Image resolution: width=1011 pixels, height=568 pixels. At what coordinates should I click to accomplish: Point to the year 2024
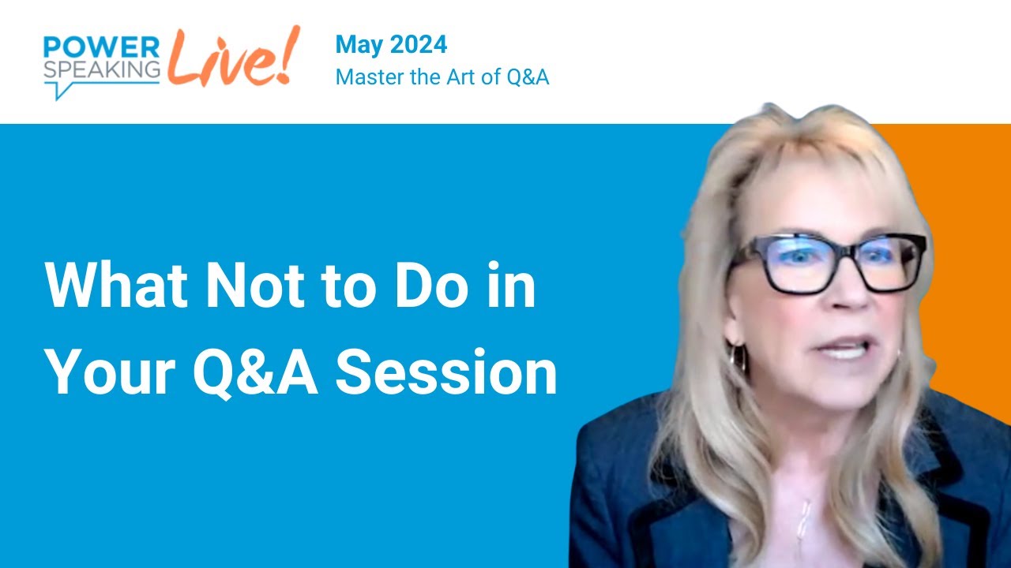tap(419, 44)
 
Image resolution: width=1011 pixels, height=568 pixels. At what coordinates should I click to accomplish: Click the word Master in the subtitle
tap(365, 77)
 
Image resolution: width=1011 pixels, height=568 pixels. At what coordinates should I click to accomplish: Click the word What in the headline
tap(118, 286)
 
